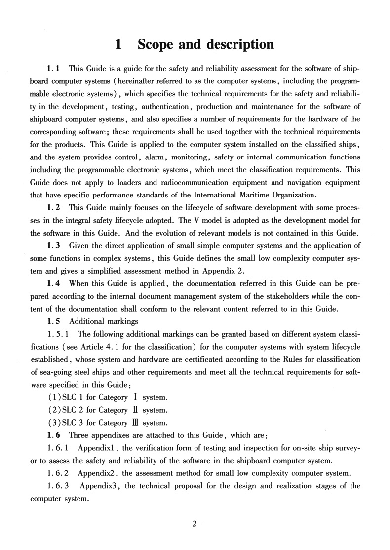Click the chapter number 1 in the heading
tap(118, 45)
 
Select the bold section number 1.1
tap(53, 67)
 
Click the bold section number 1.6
tap(53, 435)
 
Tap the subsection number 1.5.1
tap(58, 333)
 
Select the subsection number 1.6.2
tap(58, 473)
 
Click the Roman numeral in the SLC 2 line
tap(135, 410)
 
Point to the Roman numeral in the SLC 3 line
tap(135, 423)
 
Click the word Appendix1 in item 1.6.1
tap(97, 448)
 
